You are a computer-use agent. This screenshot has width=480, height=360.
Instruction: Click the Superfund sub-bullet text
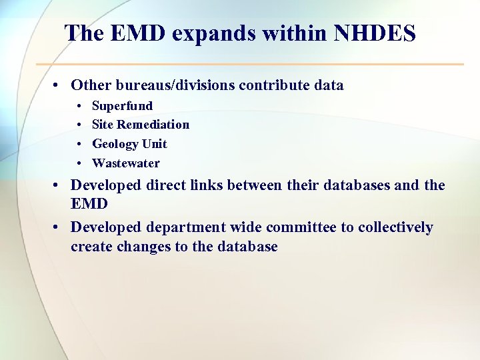coord(122,105)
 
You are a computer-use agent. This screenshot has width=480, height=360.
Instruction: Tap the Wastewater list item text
coord(126,163)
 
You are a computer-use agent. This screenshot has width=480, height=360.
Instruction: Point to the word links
coord(203,185)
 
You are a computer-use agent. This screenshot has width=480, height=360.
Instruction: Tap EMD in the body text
coord(88,204)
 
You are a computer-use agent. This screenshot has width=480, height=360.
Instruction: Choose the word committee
coord(300,228)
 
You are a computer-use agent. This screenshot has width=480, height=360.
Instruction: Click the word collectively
coord(395,228)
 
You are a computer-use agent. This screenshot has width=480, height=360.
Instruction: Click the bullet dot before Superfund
coord(79,106)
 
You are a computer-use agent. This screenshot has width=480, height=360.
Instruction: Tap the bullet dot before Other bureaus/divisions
coord(59,86)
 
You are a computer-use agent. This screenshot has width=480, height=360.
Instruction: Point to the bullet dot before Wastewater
coord(79,164)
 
